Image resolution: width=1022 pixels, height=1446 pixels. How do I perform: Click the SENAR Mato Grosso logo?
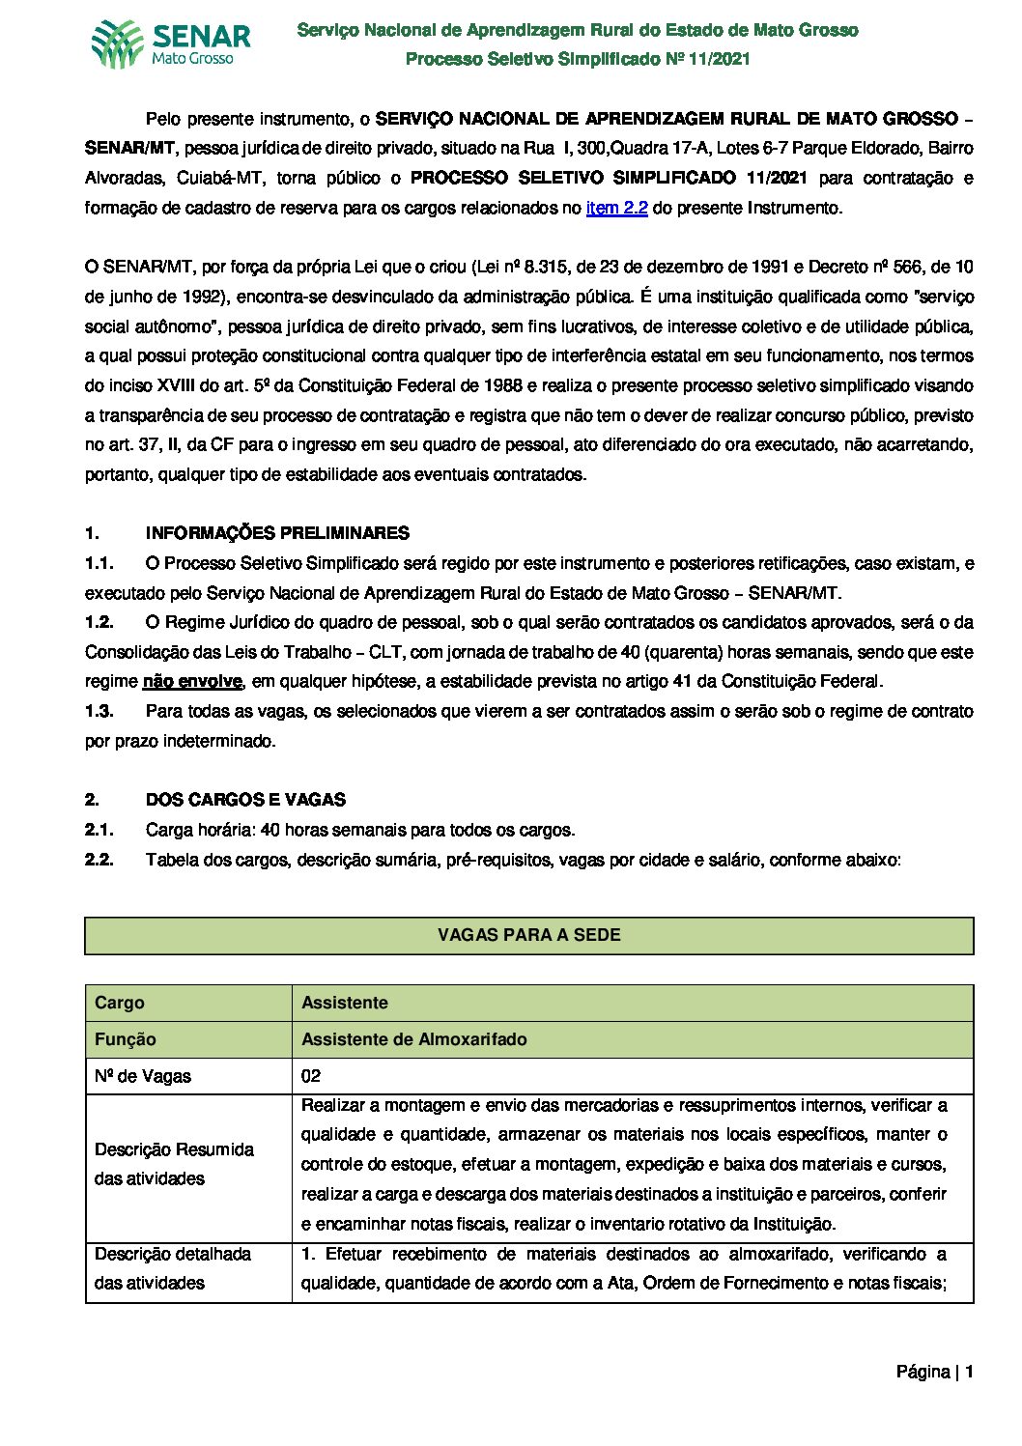click(x=171, y=44)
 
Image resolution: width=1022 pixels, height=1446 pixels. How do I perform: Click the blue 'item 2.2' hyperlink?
click(x=616, y=208)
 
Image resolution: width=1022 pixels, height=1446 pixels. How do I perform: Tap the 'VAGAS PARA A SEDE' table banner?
click(x=528, y=935)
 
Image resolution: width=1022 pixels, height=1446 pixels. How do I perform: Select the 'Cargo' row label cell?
click(x=120, y=1003)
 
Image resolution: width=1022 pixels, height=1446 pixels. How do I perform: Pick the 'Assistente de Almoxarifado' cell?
click(x=414, y=1039)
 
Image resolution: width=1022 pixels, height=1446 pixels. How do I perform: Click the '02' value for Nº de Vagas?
click(x=311, y=1076)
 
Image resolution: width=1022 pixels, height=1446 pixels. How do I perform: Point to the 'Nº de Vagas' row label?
click(x=143, y=1076)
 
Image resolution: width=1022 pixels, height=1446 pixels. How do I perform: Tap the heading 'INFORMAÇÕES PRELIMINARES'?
click(x=277, y=533)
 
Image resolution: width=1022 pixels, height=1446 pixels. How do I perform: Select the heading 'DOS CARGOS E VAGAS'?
click(x=245, y=800)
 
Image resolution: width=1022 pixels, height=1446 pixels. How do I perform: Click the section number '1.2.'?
click(x=99, y=622)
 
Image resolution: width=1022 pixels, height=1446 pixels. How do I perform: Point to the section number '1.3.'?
click(x=99, y=711)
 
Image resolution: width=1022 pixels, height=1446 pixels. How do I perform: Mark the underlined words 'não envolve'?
click(x=191, y=682)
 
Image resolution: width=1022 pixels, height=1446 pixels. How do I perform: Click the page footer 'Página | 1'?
click(x=934, y=1372)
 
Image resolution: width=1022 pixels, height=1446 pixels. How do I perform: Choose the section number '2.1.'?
click(x=99, y=830)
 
